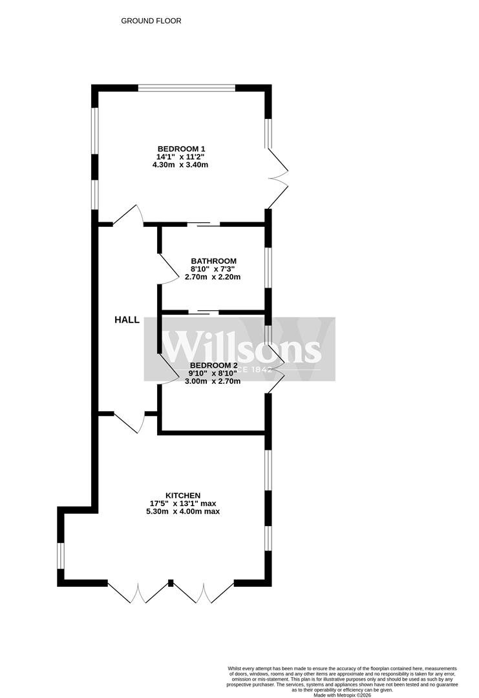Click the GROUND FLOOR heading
(x=151, y=21)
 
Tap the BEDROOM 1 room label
(x=180, y=149)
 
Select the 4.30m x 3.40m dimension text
(x=180, y=165)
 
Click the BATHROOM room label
(x=213, y=261)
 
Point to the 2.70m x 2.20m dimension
(x=213, y=277)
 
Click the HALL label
(x=127, y=320)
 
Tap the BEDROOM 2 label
(x=213, y=365)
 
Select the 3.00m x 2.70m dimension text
(x=213, y=381)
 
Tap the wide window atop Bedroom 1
(x=187, y=88)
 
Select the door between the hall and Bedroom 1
(x=129, y=216)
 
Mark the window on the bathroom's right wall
(x=268, y=268)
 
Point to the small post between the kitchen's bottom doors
(x=171, y=583)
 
